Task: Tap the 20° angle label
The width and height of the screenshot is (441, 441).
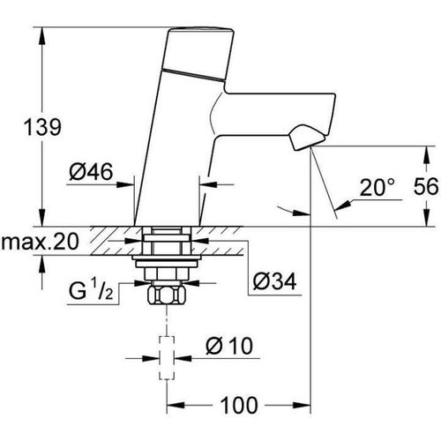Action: [377, 187]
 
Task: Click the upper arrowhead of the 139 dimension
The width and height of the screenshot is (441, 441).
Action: [41, 35]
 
